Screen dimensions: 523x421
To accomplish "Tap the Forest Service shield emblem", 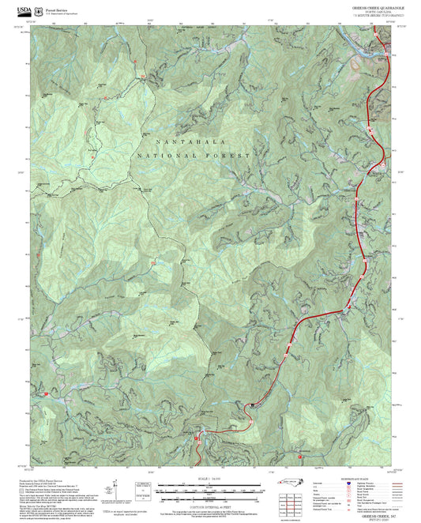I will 39,10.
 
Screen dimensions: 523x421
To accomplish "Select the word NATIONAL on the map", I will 166,156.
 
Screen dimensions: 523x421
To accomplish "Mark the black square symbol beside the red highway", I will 253,404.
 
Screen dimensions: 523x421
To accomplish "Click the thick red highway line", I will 316,316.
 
